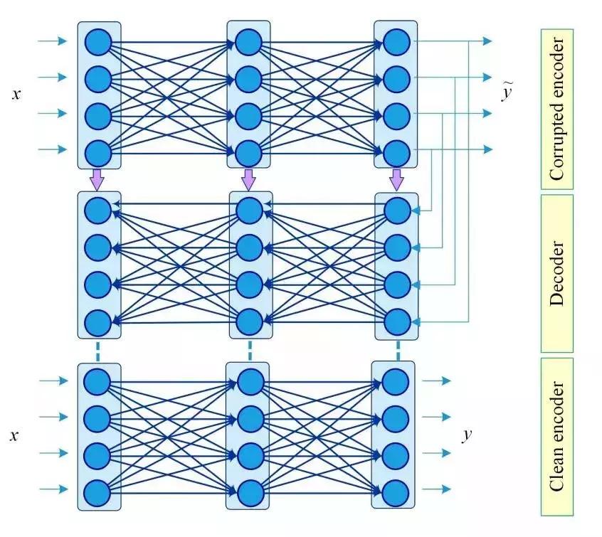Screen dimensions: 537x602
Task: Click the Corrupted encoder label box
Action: click(x=557, y=109)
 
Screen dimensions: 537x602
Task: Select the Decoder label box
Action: click(x=557, y=273)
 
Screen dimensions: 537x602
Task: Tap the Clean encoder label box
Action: click(x=557, y=436)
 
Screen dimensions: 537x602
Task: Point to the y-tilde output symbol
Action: click(x=507, y=93)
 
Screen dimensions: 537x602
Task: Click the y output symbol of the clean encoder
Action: click(x=467, y=434)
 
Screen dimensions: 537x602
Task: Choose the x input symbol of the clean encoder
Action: click(x=15, y=435)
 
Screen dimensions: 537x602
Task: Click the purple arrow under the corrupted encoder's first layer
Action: click(x=97, y=179)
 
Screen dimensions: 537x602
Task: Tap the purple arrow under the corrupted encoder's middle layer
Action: click(x=248, y=179)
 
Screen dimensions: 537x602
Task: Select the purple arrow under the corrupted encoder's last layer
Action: click(x=396, y=179)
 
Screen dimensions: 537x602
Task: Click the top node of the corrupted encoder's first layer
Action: click(x=97, y=41)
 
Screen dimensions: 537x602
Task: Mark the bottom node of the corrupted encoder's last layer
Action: click(x=396, y=151)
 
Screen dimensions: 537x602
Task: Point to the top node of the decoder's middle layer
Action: click(x=249, y=210)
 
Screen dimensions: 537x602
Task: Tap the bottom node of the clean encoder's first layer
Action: click(x=97, y=491)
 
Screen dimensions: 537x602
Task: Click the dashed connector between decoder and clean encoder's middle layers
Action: click(x=250, y=350)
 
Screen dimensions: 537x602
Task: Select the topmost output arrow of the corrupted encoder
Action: click(x=484, y=41)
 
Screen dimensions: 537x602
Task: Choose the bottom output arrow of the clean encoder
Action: click(x=437, y=489)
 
